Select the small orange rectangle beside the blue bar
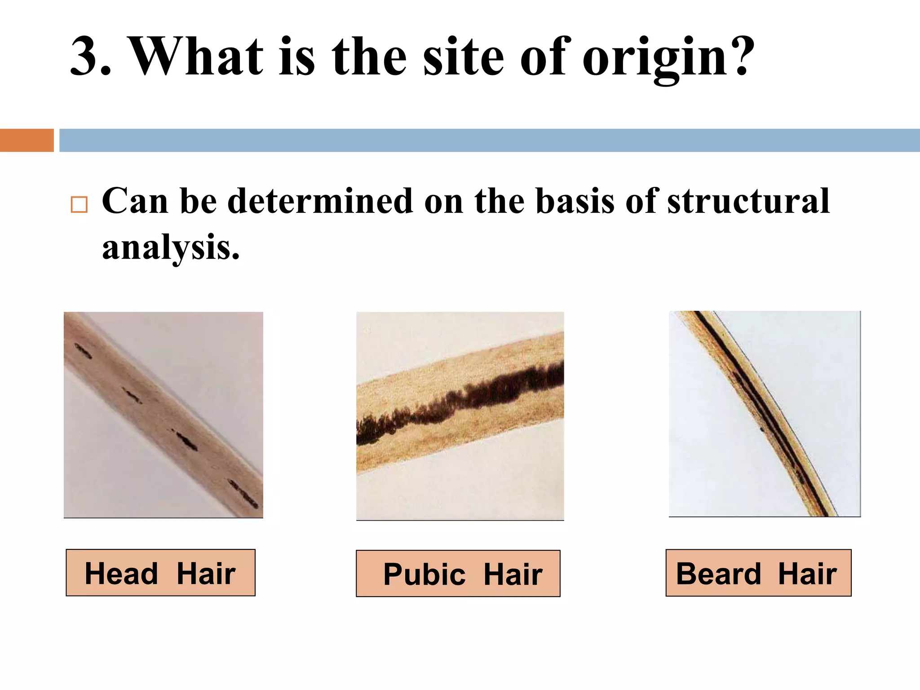27,140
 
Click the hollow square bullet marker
79,204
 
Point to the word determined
320,201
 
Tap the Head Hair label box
160,573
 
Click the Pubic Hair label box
458,574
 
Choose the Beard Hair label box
758,573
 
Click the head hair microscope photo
164,414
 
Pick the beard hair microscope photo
765,413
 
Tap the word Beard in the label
718,574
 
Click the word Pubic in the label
424,575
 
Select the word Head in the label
121,574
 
